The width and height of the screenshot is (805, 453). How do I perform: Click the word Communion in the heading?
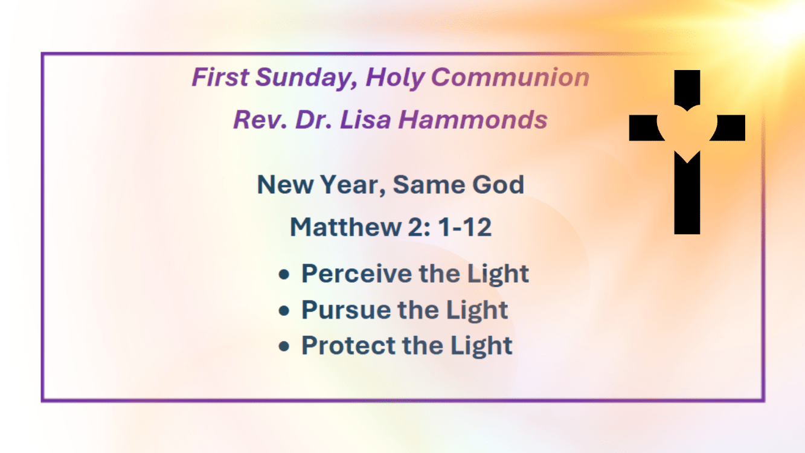click(x=510, y=77)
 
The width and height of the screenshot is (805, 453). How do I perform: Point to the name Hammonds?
click(x=473, y=120)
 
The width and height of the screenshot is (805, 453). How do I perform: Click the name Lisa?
click(x=365, y=120)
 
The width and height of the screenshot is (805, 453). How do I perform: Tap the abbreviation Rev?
click(x=260, y=120)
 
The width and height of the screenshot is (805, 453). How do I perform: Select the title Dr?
click(x=313, y=120)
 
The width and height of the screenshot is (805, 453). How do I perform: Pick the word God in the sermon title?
click(x=498, y=185)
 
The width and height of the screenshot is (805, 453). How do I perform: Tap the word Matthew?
click(x=345, y=227)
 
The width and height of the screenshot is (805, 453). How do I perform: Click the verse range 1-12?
click(x=465, y=227)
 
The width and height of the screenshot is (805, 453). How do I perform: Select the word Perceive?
click(x=357, y=274)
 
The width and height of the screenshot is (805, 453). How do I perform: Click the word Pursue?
click(x=346, y=310)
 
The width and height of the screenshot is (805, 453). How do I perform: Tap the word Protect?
click(x=348, y=345)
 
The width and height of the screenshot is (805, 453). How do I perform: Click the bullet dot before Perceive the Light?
click(x=284, y=275)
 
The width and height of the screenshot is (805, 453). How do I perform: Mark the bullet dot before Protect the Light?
click(x=284, y=347)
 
